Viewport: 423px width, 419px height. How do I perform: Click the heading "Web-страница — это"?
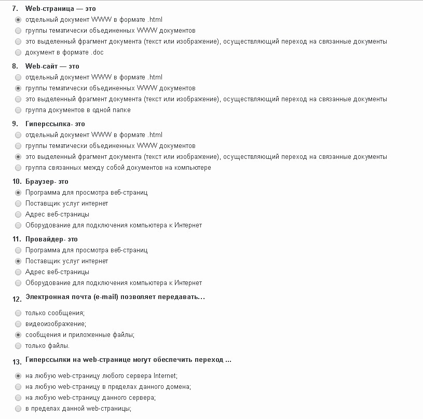[x=60, y=9]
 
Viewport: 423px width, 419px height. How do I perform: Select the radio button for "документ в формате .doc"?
[x=19, y=52]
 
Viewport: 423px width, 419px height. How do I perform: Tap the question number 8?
[x=15, y=66]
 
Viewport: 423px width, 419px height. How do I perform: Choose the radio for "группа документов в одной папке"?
[x=19, y=110]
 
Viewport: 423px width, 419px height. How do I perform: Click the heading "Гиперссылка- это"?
[x=55, y=124]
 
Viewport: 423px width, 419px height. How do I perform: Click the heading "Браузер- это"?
[x=47, y=182]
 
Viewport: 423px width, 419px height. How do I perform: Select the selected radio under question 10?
[x=19, y=193]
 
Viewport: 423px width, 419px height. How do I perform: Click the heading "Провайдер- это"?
[x=51, y=239]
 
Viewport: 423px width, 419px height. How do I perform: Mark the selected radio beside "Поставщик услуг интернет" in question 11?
[x=19, y=261]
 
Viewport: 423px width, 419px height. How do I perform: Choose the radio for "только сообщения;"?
[x=19, y=313]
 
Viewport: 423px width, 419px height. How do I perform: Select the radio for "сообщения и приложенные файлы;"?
[x=19, y=335]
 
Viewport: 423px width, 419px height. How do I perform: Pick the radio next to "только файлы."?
[x=19, y=346]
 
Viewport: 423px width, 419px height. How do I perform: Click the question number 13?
[x=16, y=361]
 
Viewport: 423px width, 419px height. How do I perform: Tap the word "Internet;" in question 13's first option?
[x=165, y=376]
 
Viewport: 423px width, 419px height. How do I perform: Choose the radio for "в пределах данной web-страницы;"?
[x=19, y=409]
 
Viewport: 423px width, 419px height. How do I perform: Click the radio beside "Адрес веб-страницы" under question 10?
[x=19, y=214]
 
